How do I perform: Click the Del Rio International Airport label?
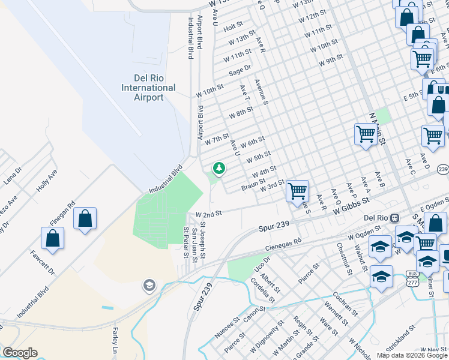pyautogui.click(x=148, y=88)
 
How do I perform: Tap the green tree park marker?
pyautogui.click(x=219, y=168)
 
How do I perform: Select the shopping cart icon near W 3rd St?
pyautogui.click(x=297, y=191)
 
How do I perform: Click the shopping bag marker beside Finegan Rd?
pyautogui.click(x=85, y=219)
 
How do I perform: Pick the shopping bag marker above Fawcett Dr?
pyautogui.click(x=53, y=238)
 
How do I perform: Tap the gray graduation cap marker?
pyautogui.click(x=149, y=286)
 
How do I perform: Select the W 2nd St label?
pyautogui.click(x=209, y=214)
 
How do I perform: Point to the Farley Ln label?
pyautogui.click(x=114, y=340)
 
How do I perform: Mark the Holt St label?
pyautogui.click(x=232, y=27)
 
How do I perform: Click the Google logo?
pyautogui.click(x=20, y=353)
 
